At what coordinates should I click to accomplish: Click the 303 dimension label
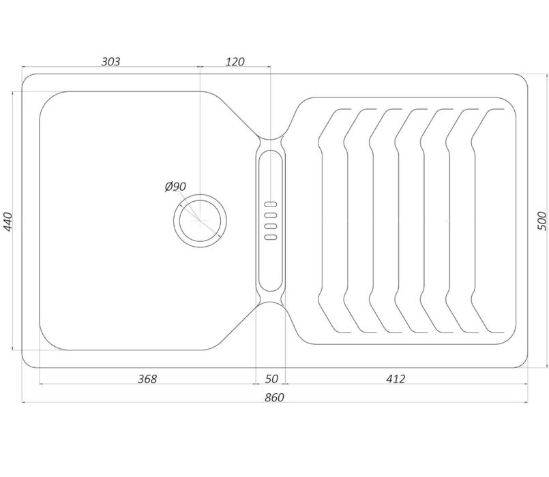coord(110,61)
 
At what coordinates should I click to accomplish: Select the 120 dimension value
coord(235,61)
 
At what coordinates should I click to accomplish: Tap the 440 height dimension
coord(8,221)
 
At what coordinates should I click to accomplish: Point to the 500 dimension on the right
coord(541,221)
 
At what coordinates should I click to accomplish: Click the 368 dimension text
coord(147,379)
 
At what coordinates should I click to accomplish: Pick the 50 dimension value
coord(271,379)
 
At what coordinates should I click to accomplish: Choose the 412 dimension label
coord(396,379)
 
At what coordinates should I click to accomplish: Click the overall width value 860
coord(274,397)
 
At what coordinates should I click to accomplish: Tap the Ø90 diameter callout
coord(175,187)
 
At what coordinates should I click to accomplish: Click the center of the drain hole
coord(200,221)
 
